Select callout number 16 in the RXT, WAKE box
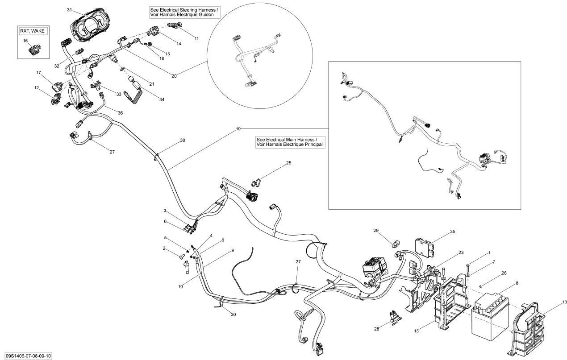tap(25, 41)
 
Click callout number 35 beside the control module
tap(452, 232)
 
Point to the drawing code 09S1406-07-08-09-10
tap(26, 356)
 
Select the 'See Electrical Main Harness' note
tap(289, 142)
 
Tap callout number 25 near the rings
tap(288, 163)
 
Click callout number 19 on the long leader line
tap(238, 129)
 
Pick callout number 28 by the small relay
tap(376, 329)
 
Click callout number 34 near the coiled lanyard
tap(162, 99)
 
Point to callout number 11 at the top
tap(196, 39)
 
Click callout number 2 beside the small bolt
tap(164, 248)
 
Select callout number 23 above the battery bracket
tap(461, 252)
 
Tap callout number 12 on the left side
tap(37, 88)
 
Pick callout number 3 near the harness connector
tap(164, 210)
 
